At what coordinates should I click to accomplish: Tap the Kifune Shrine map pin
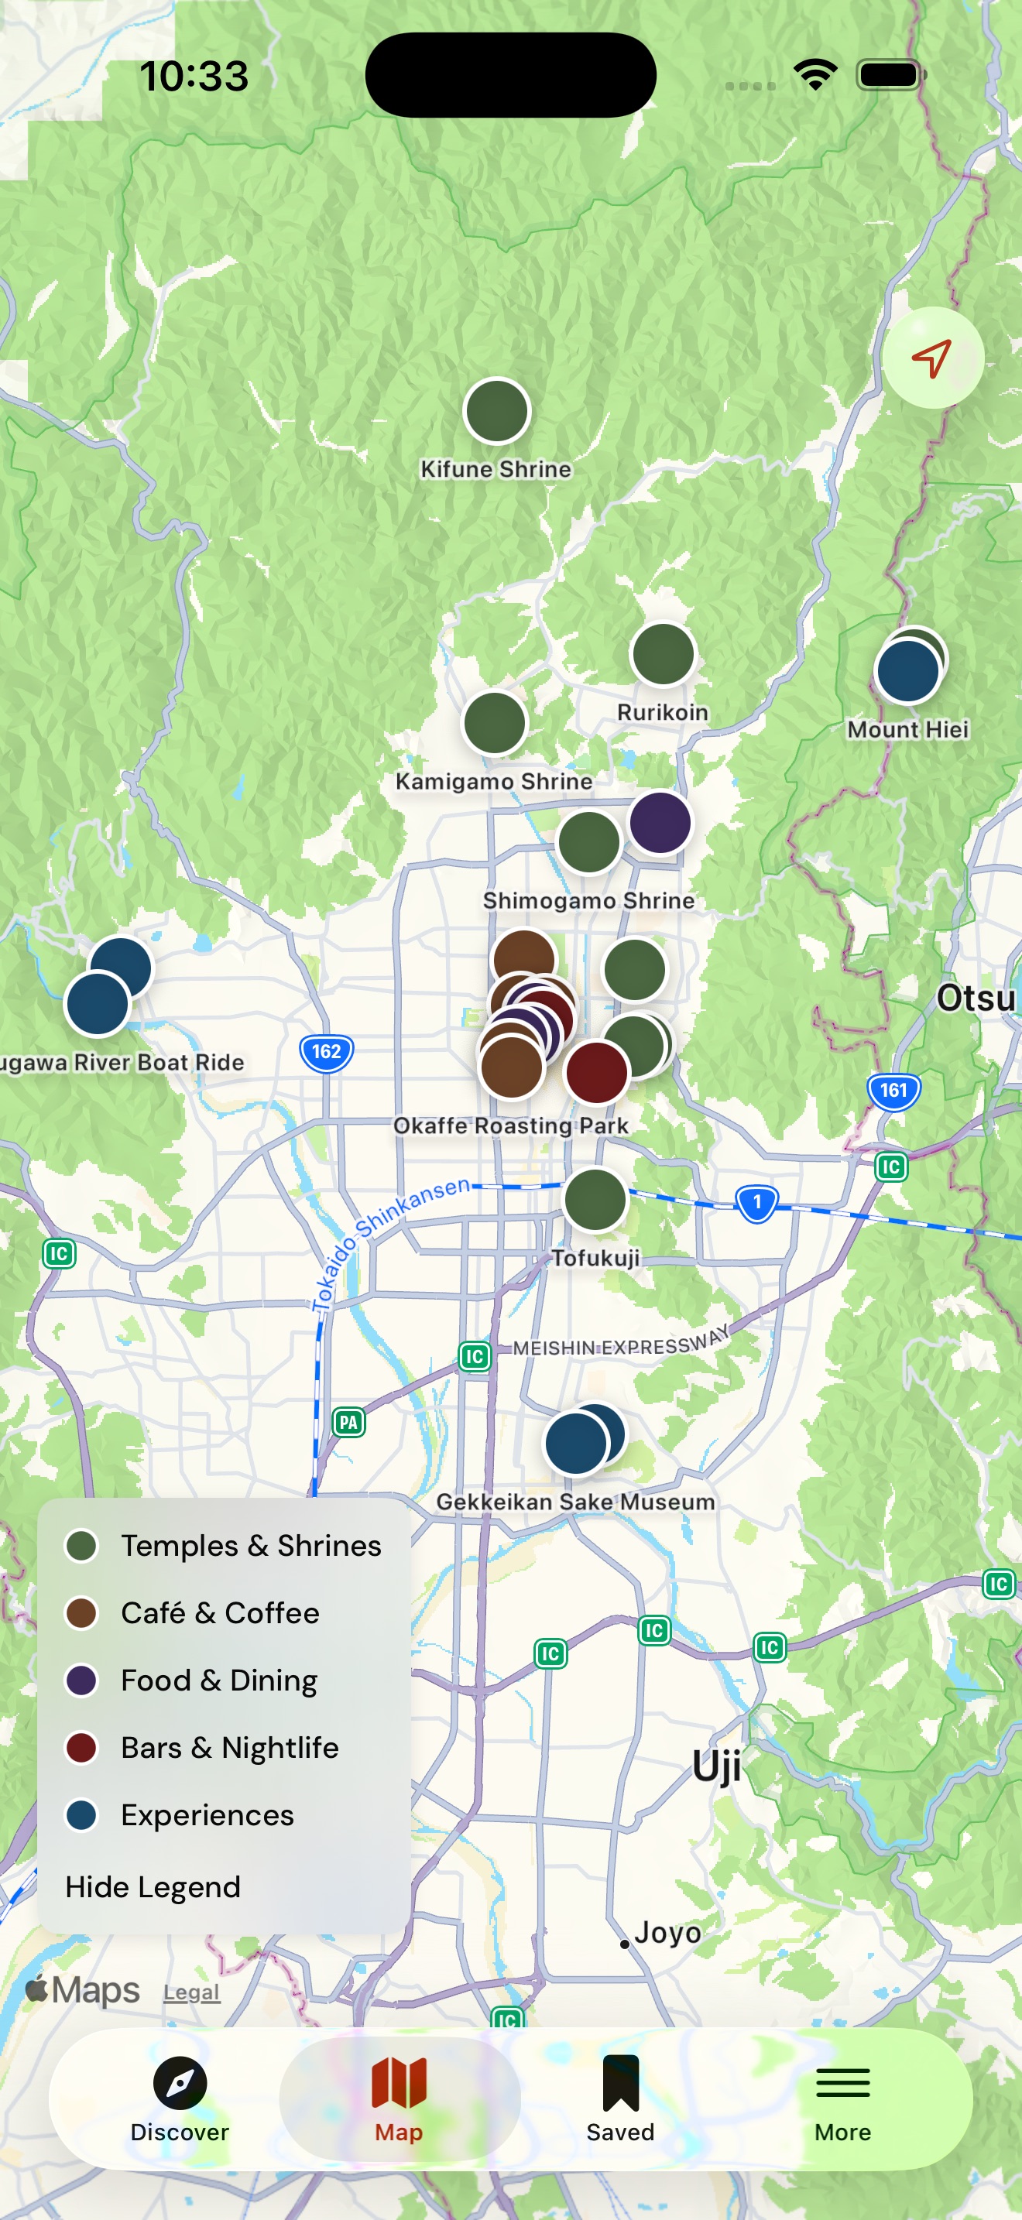coord(496,411)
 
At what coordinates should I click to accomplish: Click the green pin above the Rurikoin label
coord(663,654)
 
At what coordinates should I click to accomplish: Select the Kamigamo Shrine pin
coord(495,723)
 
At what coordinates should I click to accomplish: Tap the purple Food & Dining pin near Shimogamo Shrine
coord(660,822)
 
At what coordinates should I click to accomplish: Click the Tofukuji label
coord(595,1258)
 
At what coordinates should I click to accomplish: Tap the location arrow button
coord(932,358)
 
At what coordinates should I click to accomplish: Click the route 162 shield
coord(327,1052)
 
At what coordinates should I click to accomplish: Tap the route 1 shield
coord(756,1202)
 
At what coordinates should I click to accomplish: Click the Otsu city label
coord(976,999)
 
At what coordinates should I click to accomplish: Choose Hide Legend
coord(153,1887)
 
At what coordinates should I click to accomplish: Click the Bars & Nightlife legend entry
coord(228,1748)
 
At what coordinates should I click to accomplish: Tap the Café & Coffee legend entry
coord(219,1613)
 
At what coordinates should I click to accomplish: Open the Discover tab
coord(180,2099)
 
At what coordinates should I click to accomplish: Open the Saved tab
coord(620,2099)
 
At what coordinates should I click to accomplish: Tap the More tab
coord(842,2099)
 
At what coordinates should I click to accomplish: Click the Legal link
coord(191,1992)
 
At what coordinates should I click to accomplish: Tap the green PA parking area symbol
coord(348,1422)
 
